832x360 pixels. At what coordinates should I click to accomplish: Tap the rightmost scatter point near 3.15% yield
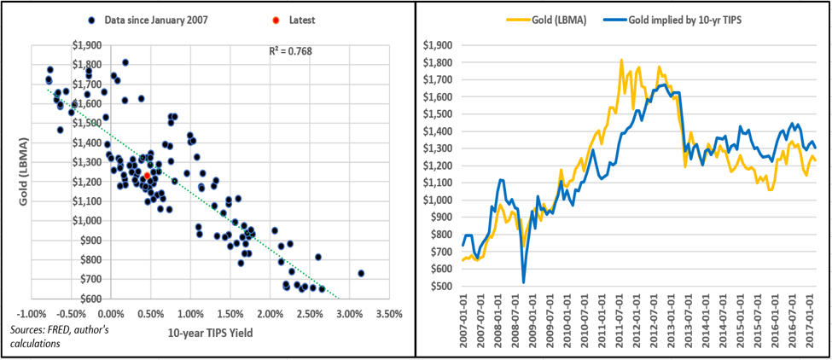(361, 273)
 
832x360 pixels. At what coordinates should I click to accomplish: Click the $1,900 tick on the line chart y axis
(442, 44)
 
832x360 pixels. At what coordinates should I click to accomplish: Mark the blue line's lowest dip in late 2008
(523, 282)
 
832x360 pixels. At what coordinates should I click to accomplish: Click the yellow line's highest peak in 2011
(621, 60)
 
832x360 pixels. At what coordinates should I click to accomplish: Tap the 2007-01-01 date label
(462, 326)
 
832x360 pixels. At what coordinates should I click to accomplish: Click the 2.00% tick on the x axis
(271, 314)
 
